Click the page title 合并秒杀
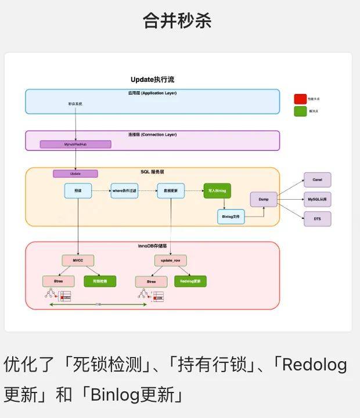coord(177,21)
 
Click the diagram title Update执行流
coord(152,80)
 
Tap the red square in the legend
coord(300,99)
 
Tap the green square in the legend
coord(300,111)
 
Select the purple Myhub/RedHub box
coord(75,145)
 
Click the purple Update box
coord(75,174)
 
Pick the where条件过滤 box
coord(125,191)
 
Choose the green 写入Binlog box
coord(217,191)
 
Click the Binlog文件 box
coord(231,217)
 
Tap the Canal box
coord(317,180)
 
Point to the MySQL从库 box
coord(317,200)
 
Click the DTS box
coord(317,219)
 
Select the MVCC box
coord(78,261)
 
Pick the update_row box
coord(171,261)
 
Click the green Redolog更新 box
coord(190,282)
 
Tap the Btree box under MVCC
coord(59,282)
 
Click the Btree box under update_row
coord(151,282)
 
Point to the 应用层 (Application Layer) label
coord(152,93)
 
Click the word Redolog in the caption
coord(314,365)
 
